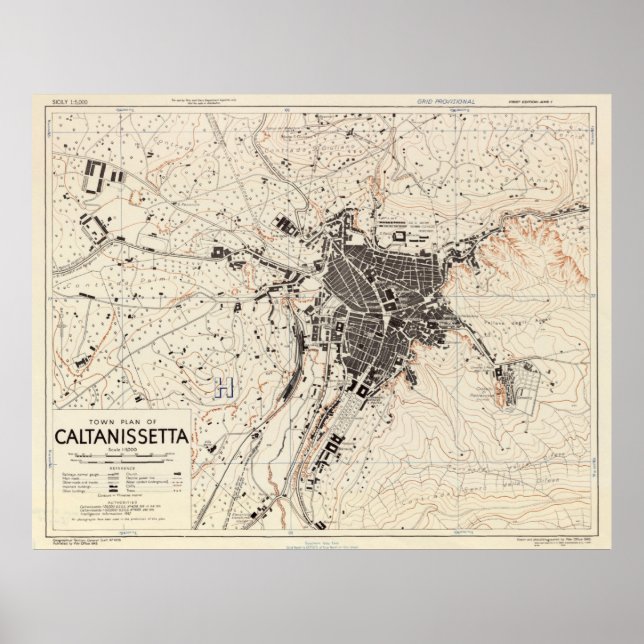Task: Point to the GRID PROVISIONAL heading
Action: [447, 102]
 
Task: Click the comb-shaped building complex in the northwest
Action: [100, 180]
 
